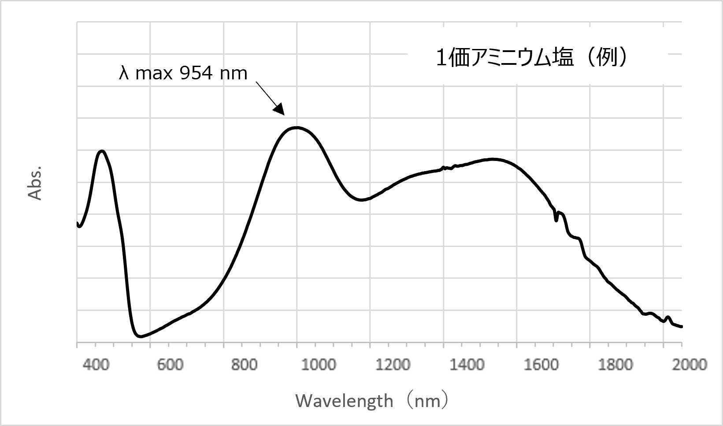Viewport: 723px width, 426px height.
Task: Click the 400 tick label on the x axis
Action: (96, 365)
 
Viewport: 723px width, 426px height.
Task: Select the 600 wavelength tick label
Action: (170, 365)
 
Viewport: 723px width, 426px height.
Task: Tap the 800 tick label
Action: (244, 365)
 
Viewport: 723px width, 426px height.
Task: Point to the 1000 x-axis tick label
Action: (317, 365)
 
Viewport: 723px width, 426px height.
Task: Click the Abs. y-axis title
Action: (35, 183)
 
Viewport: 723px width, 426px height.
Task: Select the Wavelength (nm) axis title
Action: (373, 401)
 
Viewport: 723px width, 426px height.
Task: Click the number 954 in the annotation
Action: (191, 73)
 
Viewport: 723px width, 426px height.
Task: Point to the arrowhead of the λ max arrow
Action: (279, 109)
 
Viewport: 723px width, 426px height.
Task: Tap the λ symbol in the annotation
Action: (124, 73)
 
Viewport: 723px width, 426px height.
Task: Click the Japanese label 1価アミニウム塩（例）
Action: (531, 58)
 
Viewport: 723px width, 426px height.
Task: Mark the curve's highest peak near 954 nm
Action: (296, 127)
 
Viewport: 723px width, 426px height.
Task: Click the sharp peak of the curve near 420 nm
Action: (102, 151)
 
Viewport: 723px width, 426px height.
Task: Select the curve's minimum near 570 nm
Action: (141, 336)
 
